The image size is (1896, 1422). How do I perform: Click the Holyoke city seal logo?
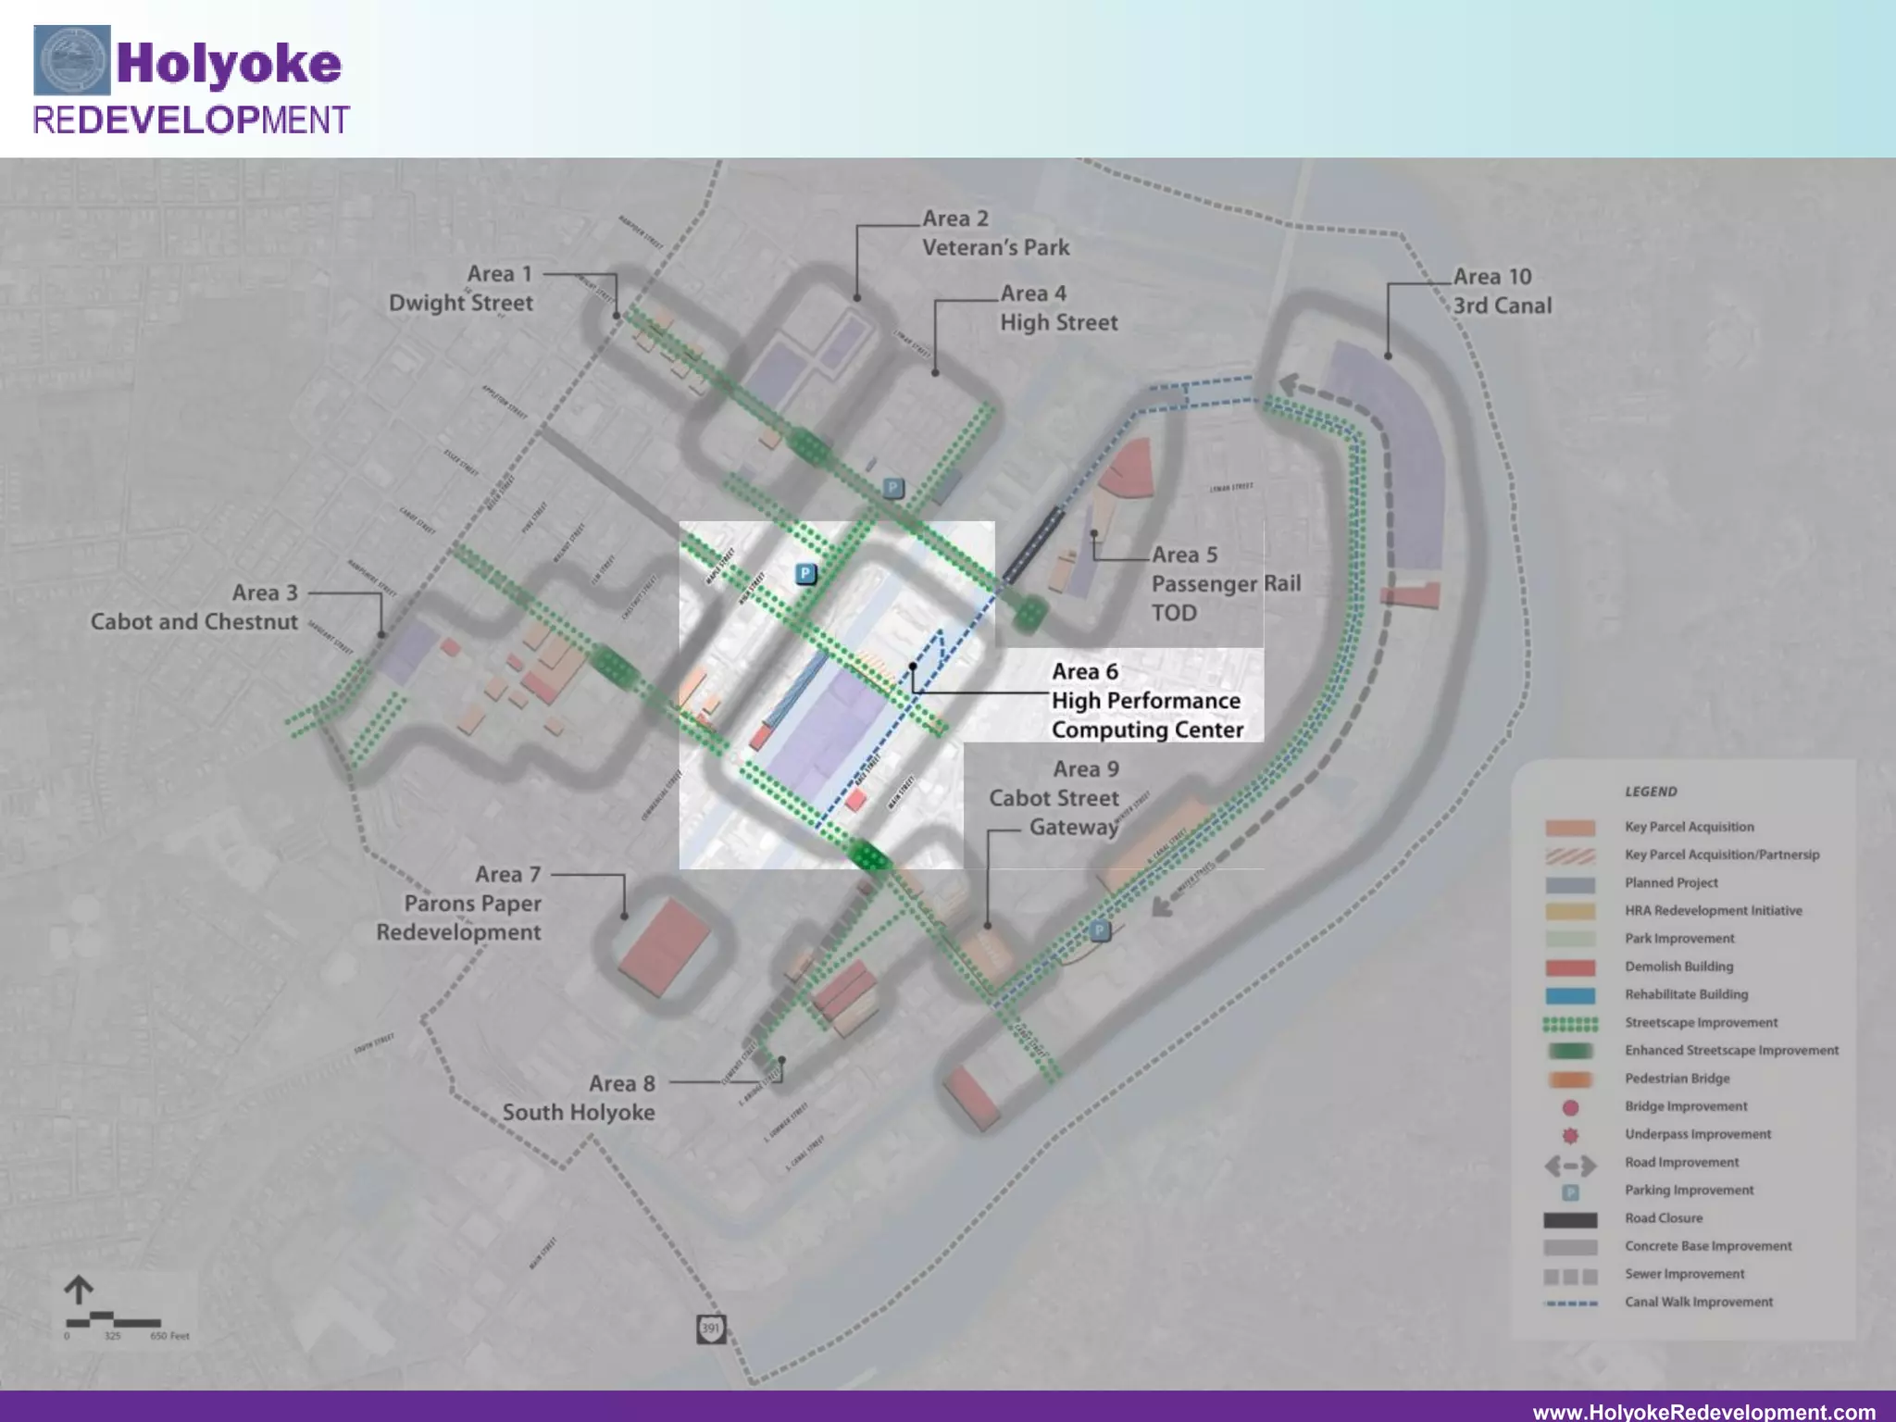coord(71,60)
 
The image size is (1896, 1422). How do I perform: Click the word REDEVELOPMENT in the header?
coord(191,120)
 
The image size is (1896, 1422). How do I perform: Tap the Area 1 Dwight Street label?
coord(461,288)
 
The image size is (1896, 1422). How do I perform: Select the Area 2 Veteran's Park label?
coord(995,233)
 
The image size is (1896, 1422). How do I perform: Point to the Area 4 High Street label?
coord(1058,308)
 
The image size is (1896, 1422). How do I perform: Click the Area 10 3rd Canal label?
coord(1502,291)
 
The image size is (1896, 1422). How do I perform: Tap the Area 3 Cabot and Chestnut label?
coord(194,607)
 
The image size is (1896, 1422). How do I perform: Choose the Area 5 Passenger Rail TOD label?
coord(1225,583)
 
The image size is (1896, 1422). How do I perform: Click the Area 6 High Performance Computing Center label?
coord(1146,701)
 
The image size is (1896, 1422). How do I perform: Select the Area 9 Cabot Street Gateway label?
coord(1055,798)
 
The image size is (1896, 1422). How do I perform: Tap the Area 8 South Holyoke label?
coord(579,1098)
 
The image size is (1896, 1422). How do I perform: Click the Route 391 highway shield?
coord(710,1328)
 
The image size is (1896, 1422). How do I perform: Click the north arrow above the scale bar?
coord(79,1290)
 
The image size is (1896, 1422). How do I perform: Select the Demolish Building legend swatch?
coord(1570,967)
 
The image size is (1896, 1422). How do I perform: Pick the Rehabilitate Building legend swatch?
coord(1570,995)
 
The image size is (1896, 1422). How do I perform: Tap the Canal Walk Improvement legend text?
coord(1699,1302)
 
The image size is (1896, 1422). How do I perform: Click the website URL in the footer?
coord(1703,1411)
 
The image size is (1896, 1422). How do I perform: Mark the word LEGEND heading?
coord(1651,792)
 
